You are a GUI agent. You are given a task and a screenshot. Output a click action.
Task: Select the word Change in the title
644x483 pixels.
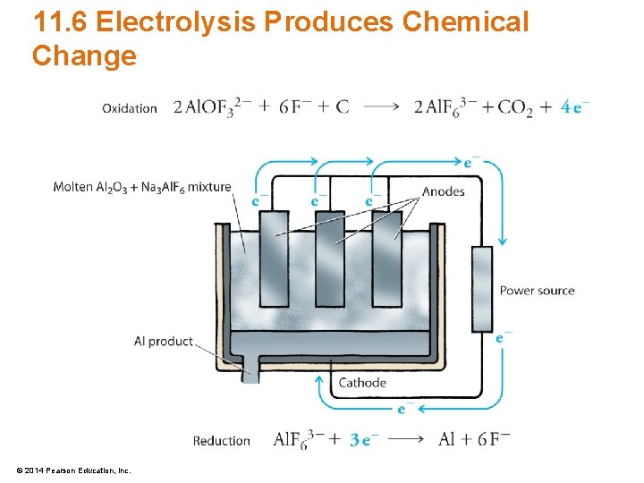click(x=84, y=55)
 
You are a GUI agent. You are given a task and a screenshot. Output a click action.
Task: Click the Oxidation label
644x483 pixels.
click(x=130, y=108)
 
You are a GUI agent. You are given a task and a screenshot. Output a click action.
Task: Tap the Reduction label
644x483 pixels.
click(x=221, y=440)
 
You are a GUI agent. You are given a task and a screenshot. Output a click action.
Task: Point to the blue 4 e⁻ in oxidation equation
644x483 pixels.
click(x=575, y=106)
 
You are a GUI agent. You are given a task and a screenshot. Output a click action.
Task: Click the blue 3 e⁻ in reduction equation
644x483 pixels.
click(x=365, y=439)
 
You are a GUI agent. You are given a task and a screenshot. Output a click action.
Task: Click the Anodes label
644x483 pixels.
click(x=443, y=191)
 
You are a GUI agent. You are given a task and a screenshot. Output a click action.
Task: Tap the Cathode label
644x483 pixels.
click(x=362, y=383)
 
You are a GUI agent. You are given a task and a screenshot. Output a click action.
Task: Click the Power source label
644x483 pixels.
click(x=537, y=290)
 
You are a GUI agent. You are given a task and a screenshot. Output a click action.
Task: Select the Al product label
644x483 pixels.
click(x=163, y=341)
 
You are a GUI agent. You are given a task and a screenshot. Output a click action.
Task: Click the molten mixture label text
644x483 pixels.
click(x=141, y=187)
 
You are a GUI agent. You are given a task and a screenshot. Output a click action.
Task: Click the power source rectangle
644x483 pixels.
click(x=481, y=288)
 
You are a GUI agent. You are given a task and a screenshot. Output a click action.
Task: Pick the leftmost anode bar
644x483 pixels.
click(x=274, y=259)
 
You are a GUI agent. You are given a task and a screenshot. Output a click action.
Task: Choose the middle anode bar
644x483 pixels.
click(x=329, y=259)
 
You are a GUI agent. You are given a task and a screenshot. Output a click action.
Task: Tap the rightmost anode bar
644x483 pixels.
click(x=386, y=259)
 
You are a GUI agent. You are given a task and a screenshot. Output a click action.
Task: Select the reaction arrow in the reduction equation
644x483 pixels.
click(x=407, y=439)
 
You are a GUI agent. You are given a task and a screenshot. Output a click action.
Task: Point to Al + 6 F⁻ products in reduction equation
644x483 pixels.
click(x=474, y=439)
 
